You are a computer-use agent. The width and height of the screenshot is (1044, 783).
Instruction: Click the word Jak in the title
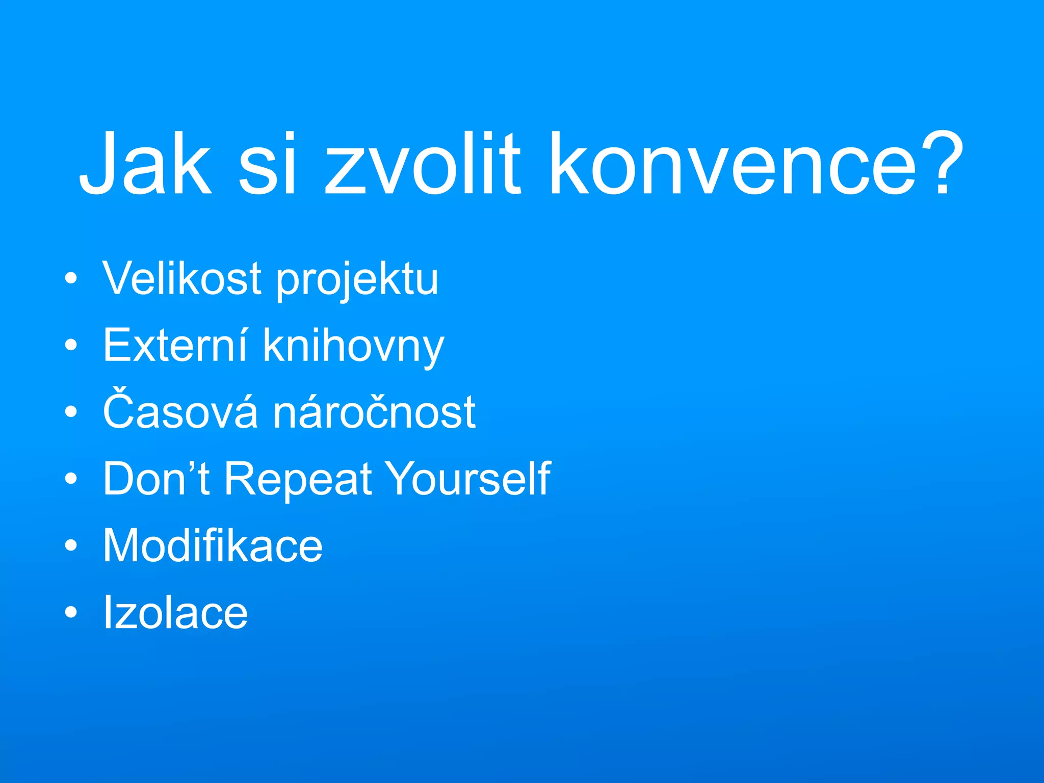tap(145, 163)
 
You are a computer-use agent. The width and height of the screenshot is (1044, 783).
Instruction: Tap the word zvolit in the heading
tap(423, 163)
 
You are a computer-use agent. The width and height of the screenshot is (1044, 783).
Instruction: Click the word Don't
tap(156, 478)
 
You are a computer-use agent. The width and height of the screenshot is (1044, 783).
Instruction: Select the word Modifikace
tap(213, 545)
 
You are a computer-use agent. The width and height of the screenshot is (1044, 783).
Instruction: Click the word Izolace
tap(175, 612)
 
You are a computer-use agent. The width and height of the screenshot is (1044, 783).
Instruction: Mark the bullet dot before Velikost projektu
tap(71, 279)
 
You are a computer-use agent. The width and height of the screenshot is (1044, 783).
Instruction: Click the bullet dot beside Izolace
tap(71, 612)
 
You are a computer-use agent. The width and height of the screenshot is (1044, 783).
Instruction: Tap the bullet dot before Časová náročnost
tap(71, 412)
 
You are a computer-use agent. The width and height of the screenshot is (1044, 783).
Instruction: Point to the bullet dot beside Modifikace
tap(71, 545)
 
